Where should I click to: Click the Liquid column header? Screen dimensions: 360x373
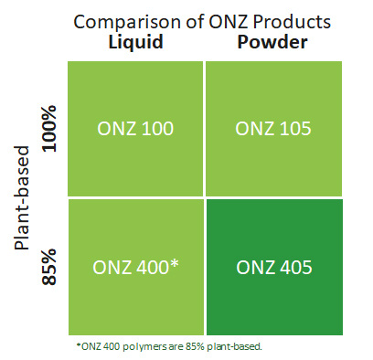coord(134,44)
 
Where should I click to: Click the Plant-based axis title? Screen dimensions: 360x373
coord(25,197)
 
